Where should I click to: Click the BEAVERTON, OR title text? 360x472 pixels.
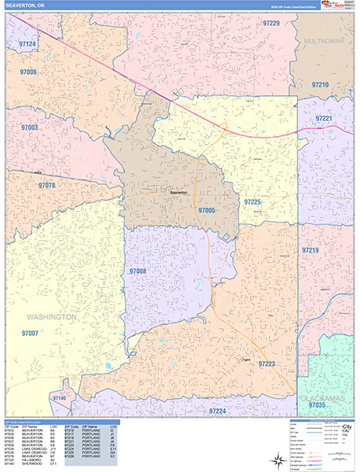[28, 6]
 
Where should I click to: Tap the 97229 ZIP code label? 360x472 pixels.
[270, 24]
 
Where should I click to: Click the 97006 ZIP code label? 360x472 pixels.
[28, 72]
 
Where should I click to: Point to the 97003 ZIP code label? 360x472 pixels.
[30, 127]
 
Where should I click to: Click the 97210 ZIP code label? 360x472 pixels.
[320, 84]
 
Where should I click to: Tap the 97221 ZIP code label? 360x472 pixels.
[324, 118]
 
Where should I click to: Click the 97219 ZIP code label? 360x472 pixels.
[310, 249]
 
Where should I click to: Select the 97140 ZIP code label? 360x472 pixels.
[59, 399]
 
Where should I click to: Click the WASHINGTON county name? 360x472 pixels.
[52, 317]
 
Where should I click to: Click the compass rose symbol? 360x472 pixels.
[277, 459]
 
